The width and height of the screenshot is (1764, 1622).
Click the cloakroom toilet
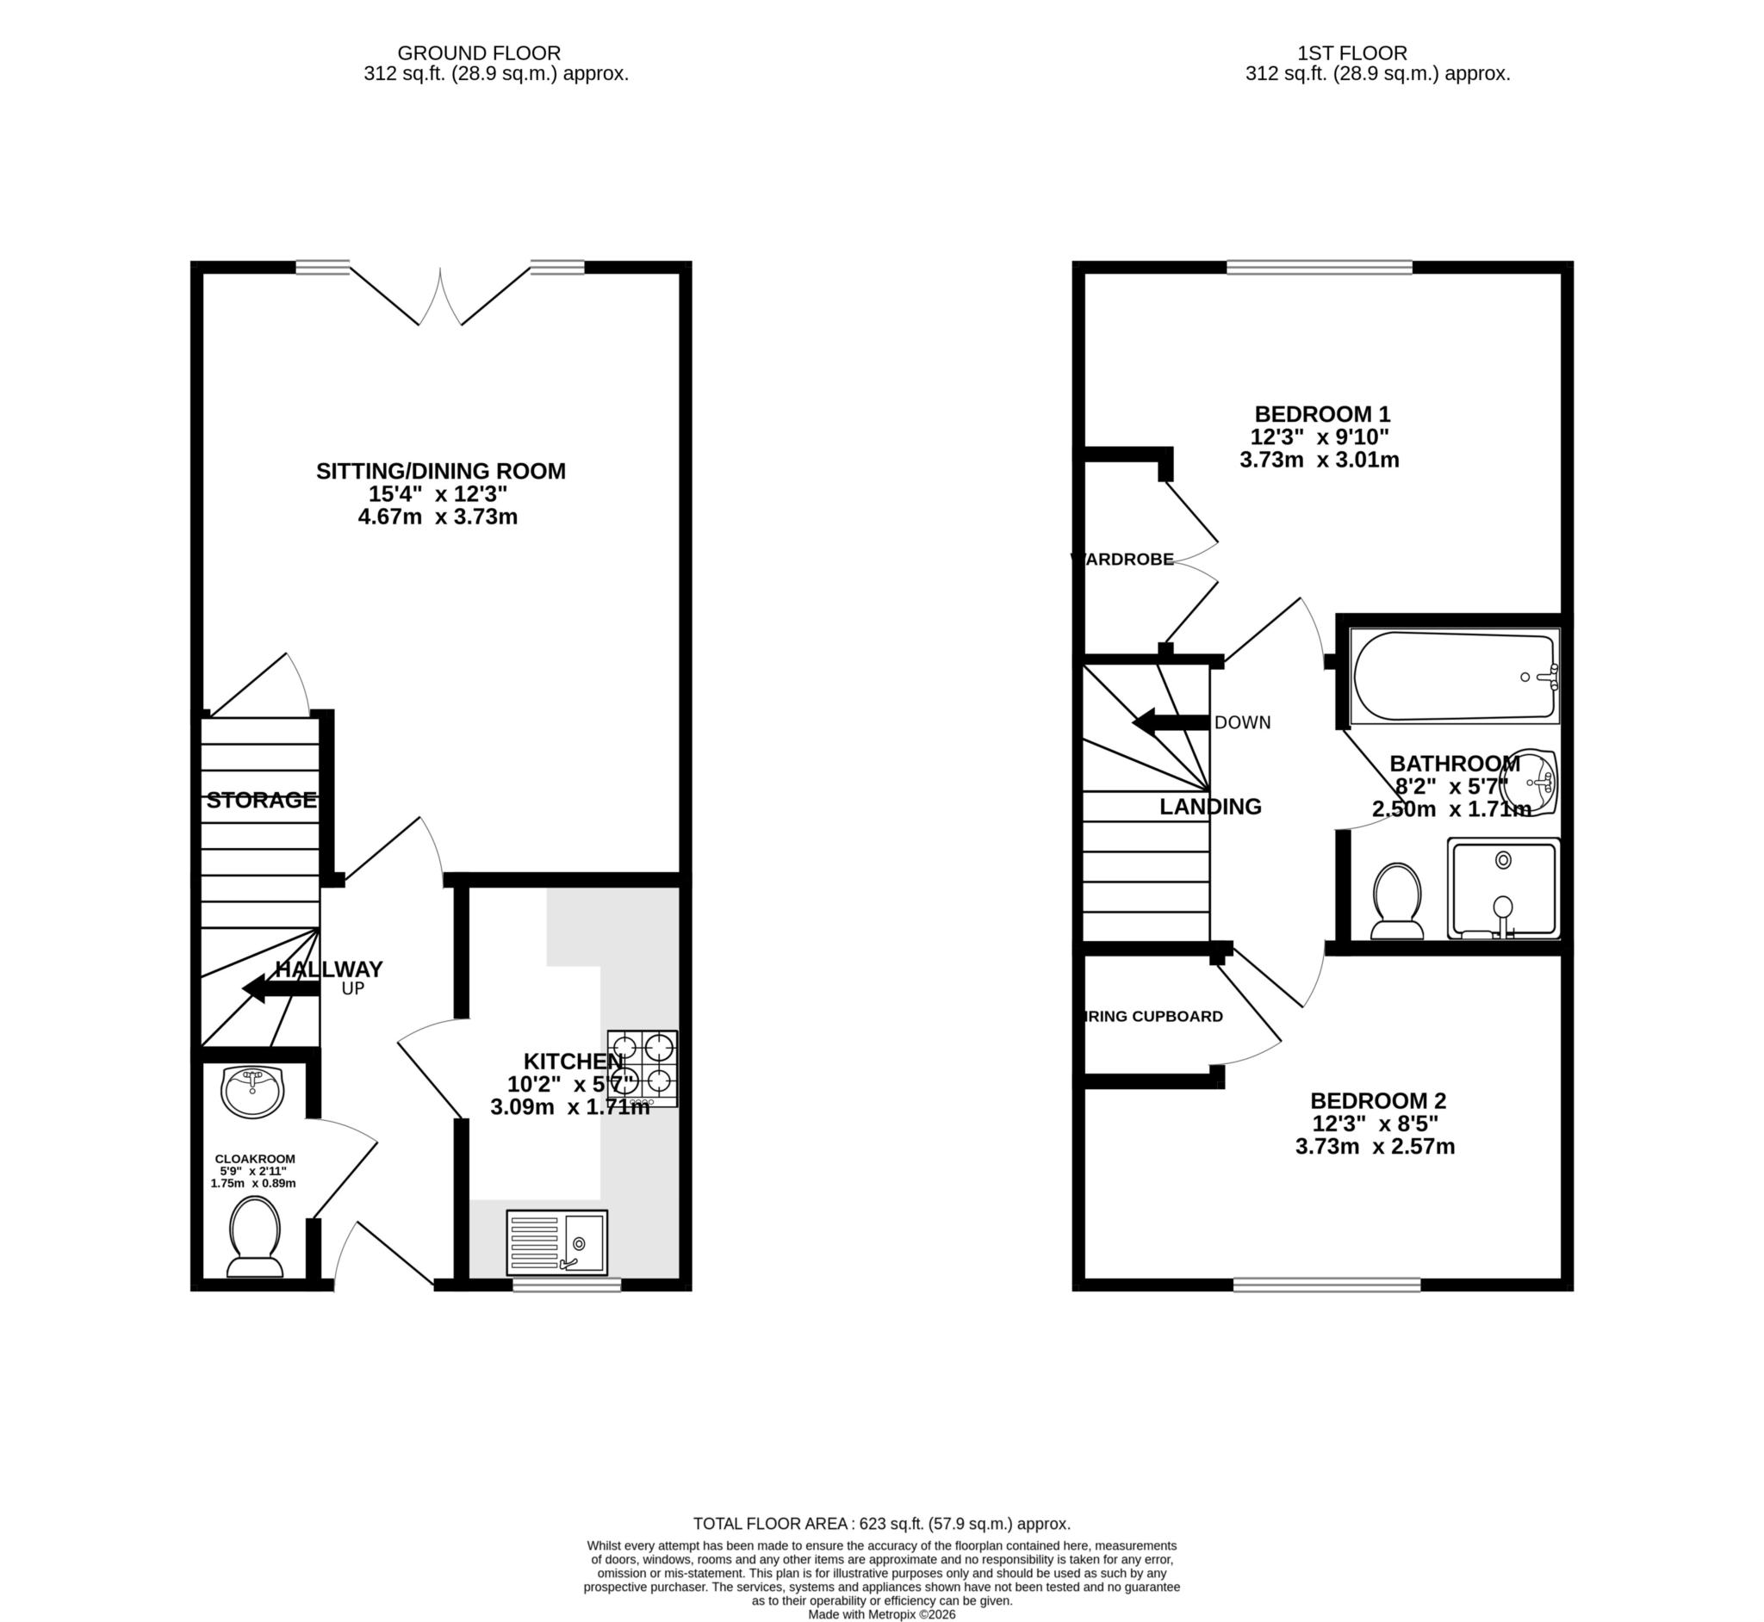[x=255, y=1236]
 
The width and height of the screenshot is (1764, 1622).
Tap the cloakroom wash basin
[x=253, y=1091]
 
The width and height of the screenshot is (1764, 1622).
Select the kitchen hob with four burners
[x=642, y=1068]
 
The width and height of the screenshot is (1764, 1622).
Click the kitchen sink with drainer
[x=556, y=1242]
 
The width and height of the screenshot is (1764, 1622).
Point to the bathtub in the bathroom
[x=1454, y=677]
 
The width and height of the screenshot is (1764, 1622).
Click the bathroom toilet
[x=1396, y=901]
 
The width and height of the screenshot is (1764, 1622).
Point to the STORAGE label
[x=261, y=800]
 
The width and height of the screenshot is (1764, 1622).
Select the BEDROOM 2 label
[x=1377, y=1099]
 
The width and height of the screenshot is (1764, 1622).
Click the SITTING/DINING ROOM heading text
[x=441, y=471]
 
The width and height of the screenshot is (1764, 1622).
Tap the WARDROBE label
[x=1123, y=559]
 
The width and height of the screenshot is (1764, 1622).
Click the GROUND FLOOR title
[x=479, y=53]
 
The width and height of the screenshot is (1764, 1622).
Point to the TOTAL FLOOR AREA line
[x=881, y=1523]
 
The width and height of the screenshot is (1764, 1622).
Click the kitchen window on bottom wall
[x=567, y=1285]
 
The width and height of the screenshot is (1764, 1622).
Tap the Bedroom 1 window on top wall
[x=1319, y=267]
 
